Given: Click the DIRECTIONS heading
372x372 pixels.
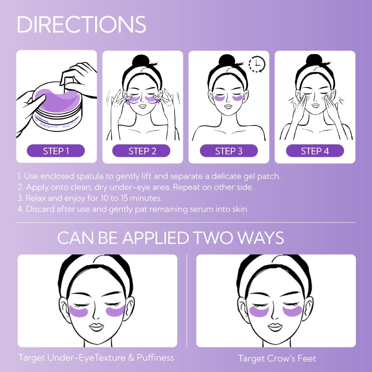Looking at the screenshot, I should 81,25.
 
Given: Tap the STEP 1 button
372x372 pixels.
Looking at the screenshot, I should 56,151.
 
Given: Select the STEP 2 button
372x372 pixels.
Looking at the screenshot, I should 142,151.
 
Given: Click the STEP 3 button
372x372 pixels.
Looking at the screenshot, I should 228,151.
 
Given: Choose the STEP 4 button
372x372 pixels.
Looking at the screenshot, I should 315,151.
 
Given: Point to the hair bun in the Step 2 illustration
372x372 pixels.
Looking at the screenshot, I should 142,61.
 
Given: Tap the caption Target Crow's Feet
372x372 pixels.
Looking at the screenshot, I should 277,358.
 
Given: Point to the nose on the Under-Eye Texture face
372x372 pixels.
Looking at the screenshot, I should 97,315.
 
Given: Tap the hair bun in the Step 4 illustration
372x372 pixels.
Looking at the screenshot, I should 314,61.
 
